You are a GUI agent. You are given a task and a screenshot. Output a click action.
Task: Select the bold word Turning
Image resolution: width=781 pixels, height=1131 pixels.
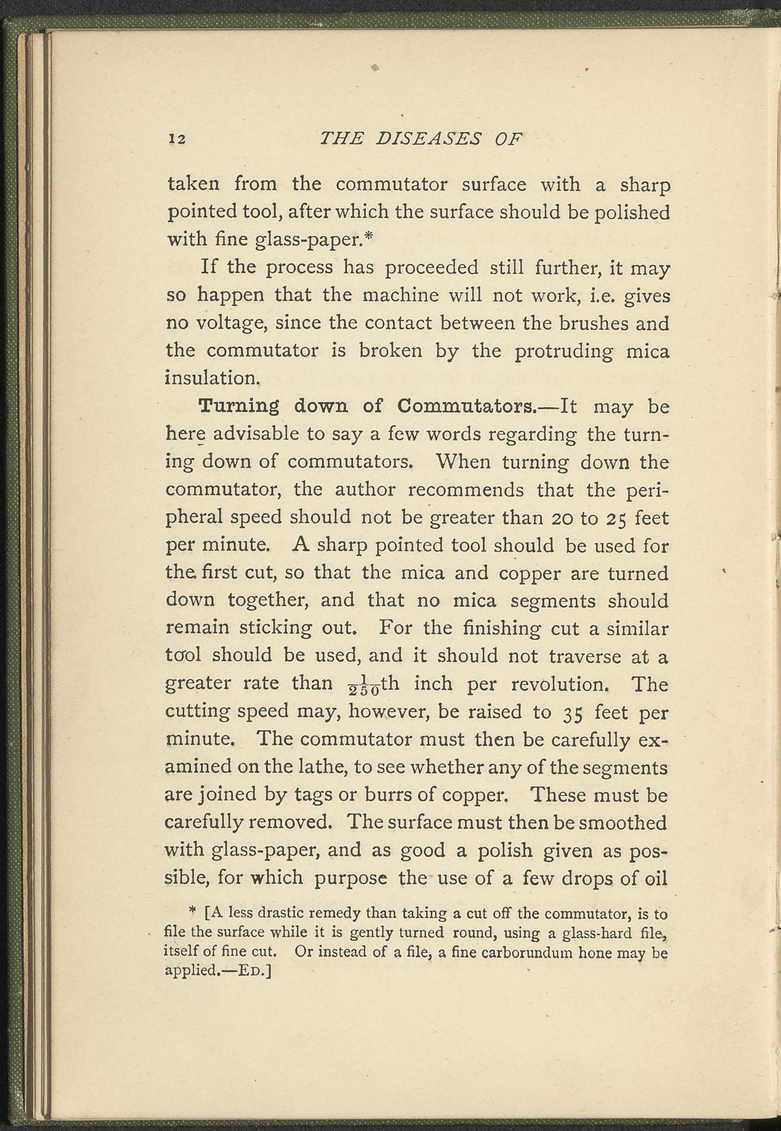click(x=240, y=407)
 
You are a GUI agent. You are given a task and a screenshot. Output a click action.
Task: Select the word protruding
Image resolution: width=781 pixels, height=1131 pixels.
click(x=564, y=351)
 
